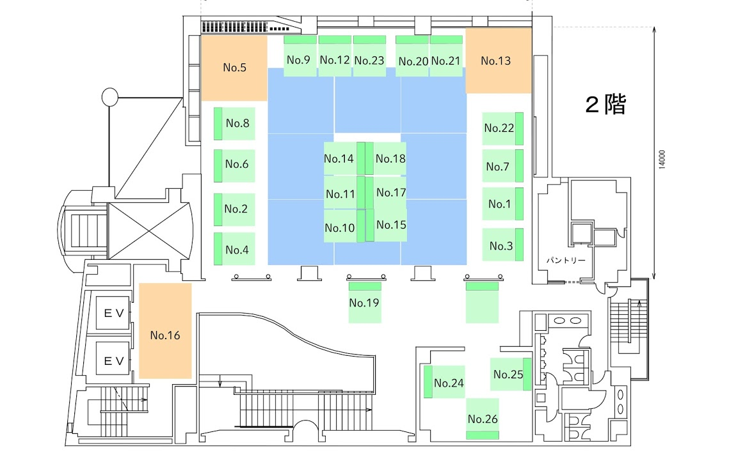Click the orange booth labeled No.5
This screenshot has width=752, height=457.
(x=234, y=68)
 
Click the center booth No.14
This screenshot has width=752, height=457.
(x=340, y=159)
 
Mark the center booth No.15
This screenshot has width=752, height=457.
(x=390, y=225)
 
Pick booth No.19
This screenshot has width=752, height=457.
(x=365, y=301)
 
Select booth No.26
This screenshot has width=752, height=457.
(x=483, y=419)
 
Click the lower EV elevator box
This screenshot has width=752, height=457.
(x=113, y=362)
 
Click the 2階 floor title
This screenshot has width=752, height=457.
(x=605, y=105)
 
